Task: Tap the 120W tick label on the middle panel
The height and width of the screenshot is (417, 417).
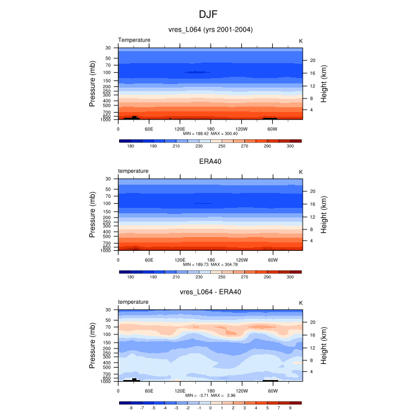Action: (x=242, y=260)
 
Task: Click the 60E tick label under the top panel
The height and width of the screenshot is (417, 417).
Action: (x=149, y=129)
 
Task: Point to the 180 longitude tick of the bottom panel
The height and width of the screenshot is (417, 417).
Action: (x=210, y=391)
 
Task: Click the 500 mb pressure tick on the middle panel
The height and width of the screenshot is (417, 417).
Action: (x=107, y=236)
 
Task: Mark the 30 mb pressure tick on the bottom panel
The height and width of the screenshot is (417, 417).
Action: (x=108, y=310)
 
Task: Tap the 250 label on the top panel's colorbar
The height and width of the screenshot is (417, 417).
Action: (x=222, y=146)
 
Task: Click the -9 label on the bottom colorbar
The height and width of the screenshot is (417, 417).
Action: (x=130, y=409)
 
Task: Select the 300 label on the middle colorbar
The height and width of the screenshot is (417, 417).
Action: (x=290, y=277)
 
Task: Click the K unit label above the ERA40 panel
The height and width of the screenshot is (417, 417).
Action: (x=300, y=172)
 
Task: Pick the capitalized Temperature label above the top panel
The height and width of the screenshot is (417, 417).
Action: (x=134, y=40)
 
